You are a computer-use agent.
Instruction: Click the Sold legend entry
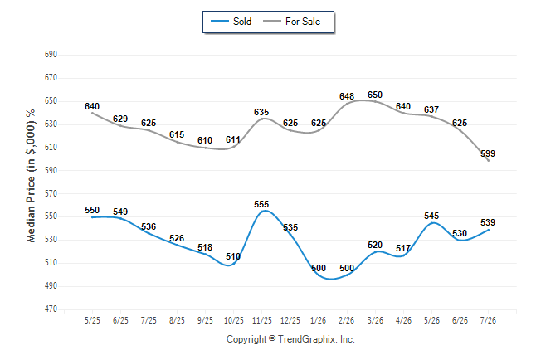[231, 22]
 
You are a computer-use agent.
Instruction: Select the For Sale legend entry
[291, 22]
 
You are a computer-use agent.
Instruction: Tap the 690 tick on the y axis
[51, 55]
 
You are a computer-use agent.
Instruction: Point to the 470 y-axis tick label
[51, 309]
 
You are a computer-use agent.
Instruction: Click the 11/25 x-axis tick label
[262, 320]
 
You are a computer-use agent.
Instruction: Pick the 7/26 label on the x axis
[488, 320]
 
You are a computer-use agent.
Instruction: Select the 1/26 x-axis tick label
[319, 320]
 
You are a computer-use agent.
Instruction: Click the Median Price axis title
[31, 176]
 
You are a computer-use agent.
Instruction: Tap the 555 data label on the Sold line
[261, 204]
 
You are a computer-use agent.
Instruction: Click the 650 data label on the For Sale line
[375, 95]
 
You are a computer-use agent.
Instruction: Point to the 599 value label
[488, 153]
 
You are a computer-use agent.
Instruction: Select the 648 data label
[347, 96]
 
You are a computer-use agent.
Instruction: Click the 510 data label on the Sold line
[233, 256]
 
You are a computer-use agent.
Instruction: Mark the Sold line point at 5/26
[431, 223]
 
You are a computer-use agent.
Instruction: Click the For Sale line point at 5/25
[92, 113]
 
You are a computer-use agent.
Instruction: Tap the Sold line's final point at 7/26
[488, 230]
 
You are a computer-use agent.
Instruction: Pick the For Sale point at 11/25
[262, 119]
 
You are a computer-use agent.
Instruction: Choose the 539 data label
[488, 222]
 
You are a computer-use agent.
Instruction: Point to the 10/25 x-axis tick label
[233, 320]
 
